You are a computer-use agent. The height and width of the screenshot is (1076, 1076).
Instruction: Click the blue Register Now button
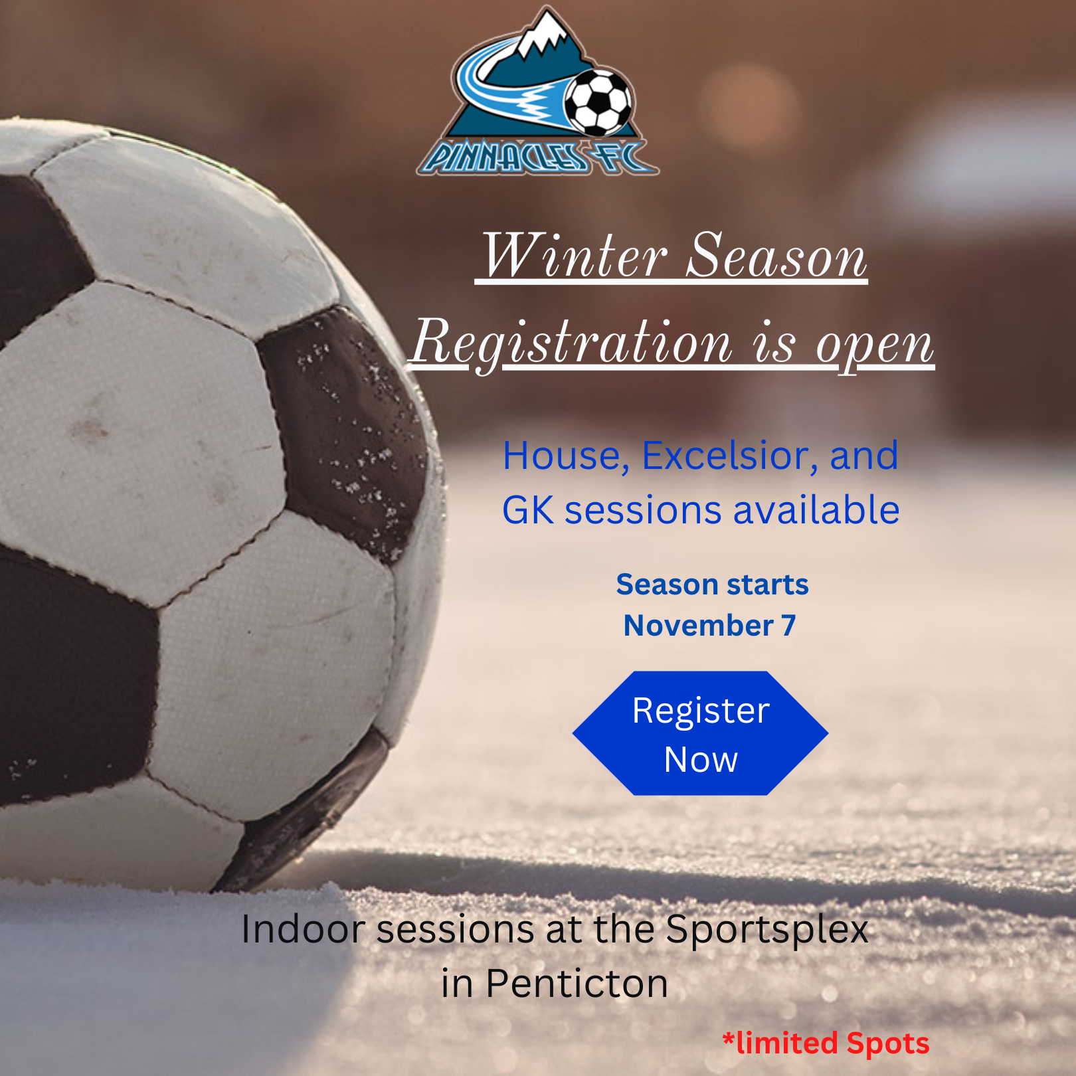701,733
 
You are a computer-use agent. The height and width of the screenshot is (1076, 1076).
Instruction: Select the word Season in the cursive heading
776,255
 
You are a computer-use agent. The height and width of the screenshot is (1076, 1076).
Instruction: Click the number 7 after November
788,626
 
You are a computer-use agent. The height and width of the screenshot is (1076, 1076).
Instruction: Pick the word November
699,626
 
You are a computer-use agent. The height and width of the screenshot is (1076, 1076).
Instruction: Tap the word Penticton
577,983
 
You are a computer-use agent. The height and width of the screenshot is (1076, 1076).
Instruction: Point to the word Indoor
303,929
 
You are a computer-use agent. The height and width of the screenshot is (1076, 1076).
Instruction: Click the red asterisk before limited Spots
729,1037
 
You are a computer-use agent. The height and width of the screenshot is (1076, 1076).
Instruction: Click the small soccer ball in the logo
599,102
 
